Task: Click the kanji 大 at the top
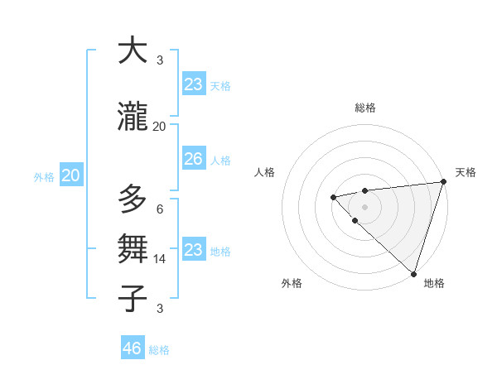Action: (133, 51)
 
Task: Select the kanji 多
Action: (133, 199)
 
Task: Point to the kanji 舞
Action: (133, 248)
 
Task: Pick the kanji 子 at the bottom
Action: (133, 298)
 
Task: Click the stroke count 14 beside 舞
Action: (160, 258)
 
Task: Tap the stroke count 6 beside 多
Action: (160, 209)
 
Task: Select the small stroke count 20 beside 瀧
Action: (160, 127)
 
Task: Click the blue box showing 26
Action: (193, 159)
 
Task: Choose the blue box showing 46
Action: (133, 348)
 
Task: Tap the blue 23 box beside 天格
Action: (193, 84)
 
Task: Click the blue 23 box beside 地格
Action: (193, 250)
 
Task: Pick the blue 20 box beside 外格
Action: (71, 175)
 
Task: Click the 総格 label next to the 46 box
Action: (159, 350)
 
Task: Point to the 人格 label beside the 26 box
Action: (220, 160)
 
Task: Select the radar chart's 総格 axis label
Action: (365, 108)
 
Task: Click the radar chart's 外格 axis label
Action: (292, 283)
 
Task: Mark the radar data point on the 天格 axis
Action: (443, 182)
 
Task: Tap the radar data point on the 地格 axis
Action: (413, 273)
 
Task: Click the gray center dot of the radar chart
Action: (364, 206)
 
